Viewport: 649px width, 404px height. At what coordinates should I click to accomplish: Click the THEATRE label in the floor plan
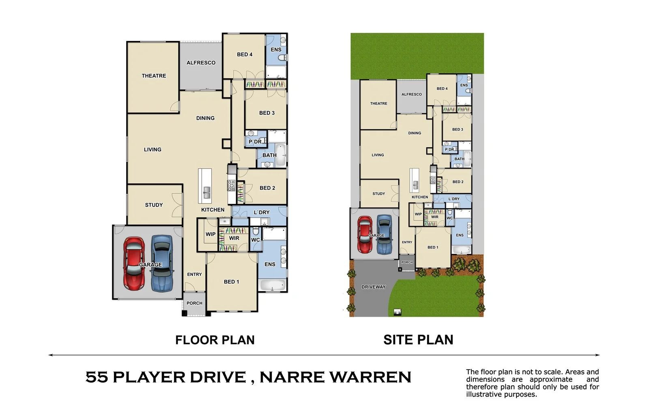(154, 76)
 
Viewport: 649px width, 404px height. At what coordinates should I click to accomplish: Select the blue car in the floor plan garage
(162, 263)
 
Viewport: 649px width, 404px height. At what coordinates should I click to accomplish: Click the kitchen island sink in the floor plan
(206, 192)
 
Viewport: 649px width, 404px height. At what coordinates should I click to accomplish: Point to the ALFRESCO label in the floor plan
(201, 63)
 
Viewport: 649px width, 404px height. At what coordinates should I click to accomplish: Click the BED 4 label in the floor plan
(245, 54)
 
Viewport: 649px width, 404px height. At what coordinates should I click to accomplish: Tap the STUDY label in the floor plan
(154, 205)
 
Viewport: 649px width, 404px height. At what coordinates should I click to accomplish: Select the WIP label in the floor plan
(211, 234)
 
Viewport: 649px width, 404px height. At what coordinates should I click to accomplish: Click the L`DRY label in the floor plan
(262, 213)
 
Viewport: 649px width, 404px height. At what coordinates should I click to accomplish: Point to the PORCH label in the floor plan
(194, 303)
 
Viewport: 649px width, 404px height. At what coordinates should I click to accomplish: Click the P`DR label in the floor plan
(255, 142)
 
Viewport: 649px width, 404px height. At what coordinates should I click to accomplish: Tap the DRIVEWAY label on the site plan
(374, 287)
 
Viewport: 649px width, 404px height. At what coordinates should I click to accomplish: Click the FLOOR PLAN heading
(215, 340)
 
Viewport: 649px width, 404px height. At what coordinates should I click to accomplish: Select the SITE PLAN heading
(418, 340)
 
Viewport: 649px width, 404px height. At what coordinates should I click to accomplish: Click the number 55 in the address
(97, 377)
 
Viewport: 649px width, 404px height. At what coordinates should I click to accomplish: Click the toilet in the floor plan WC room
(256, 231)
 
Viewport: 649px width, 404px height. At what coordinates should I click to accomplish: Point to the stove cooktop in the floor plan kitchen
(231, 185)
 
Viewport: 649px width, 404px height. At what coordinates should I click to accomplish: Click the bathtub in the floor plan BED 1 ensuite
(272, 286)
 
